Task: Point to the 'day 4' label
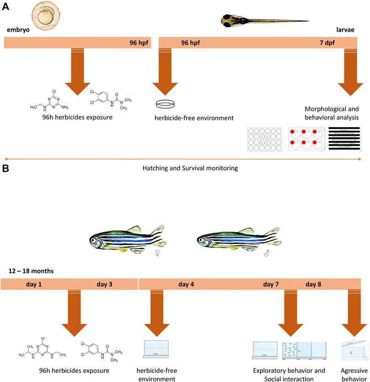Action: [x=186, y=284]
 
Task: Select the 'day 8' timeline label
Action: [x=313, y=284]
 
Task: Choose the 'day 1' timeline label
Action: [x=34, y=284]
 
